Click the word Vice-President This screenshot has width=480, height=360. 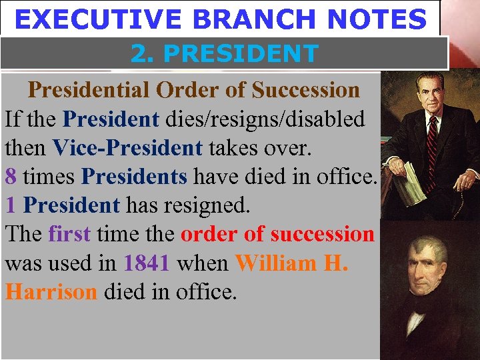(x=127, y=148)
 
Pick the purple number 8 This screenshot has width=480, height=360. (x=11, y=177)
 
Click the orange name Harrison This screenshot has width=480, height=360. (x=51, y=291)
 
